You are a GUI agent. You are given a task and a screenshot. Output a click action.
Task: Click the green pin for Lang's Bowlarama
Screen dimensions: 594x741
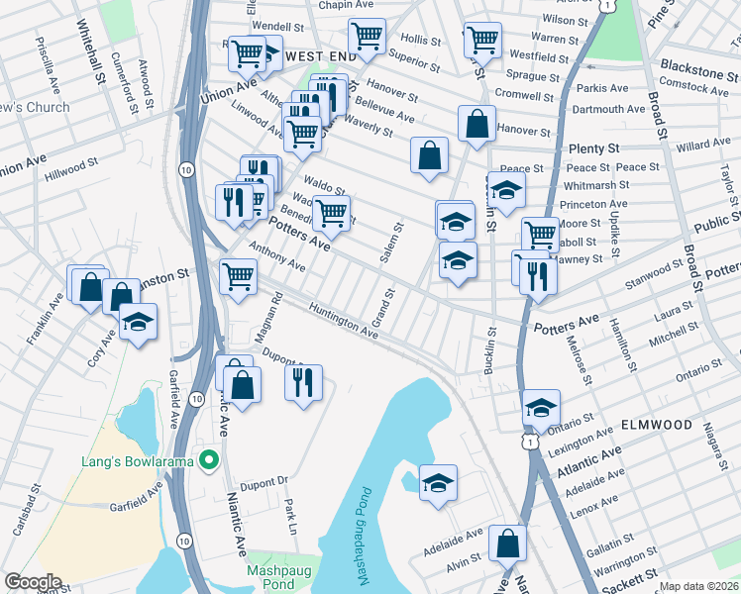pos(208,460)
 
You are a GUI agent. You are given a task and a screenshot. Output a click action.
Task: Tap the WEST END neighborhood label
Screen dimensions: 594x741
pos(320,57)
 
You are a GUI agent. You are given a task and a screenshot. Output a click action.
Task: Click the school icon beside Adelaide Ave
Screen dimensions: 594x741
pos(438,484)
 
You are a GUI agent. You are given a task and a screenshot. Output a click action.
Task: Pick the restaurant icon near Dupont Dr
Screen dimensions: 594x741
pos(304,381)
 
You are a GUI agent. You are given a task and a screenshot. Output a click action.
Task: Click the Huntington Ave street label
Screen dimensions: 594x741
pos(344,323)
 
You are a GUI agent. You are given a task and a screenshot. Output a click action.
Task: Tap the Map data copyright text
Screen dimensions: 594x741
pos(698,586)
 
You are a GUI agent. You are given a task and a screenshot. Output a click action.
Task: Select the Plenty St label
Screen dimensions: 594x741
pos(594,148)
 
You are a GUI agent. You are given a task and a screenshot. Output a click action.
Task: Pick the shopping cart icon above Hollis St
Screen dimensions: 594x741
pos(368,36)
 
